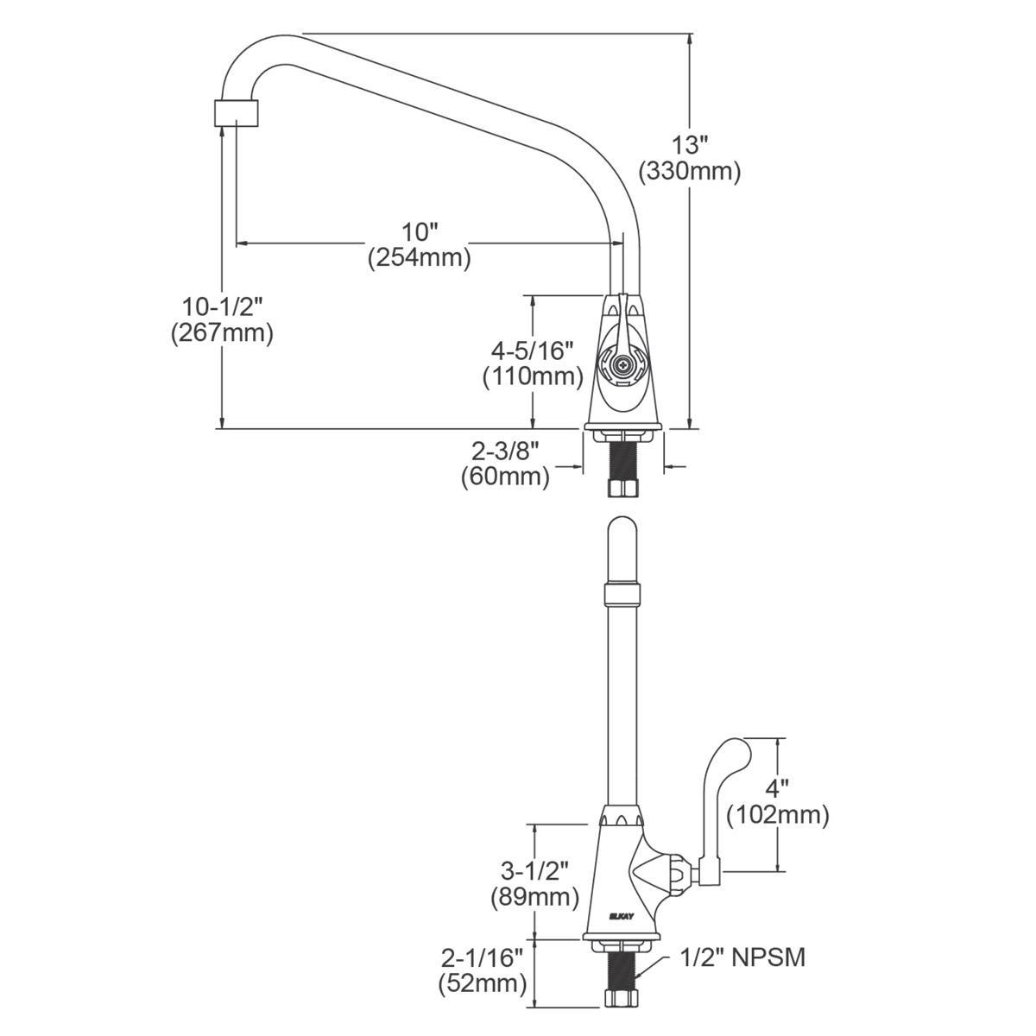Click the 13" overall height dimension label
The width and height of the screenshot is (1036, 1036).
point(690,144)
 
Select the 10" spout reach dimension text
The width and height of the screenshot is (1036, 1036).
point(420,231)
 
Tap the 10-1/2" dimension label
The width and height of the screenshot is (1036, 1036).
point(222,306)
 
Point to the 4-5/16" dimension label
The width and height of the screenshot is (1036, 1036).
point(533,350)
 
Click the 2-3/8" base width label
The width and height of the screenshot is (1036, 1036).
point(505,449)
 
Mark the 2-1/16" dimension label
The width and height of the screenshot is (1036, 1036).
point(483,957)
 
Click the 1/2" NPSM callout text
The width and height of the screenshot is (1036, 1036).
point(742,957)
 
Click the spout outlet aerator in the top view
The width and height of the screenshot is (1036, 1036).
point(236,112)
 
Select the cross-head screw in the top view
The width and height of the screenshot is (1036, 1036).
point(622,367)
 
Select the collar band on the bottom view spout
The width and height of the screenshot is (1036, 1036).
point(622,594)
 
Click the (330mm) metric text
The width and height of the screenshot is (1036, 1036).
point(690,171)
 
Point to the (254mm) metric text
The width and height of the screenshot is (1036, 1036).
point(420,257)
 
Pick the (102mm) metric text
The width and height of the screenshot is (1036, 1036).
point(778,814)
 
